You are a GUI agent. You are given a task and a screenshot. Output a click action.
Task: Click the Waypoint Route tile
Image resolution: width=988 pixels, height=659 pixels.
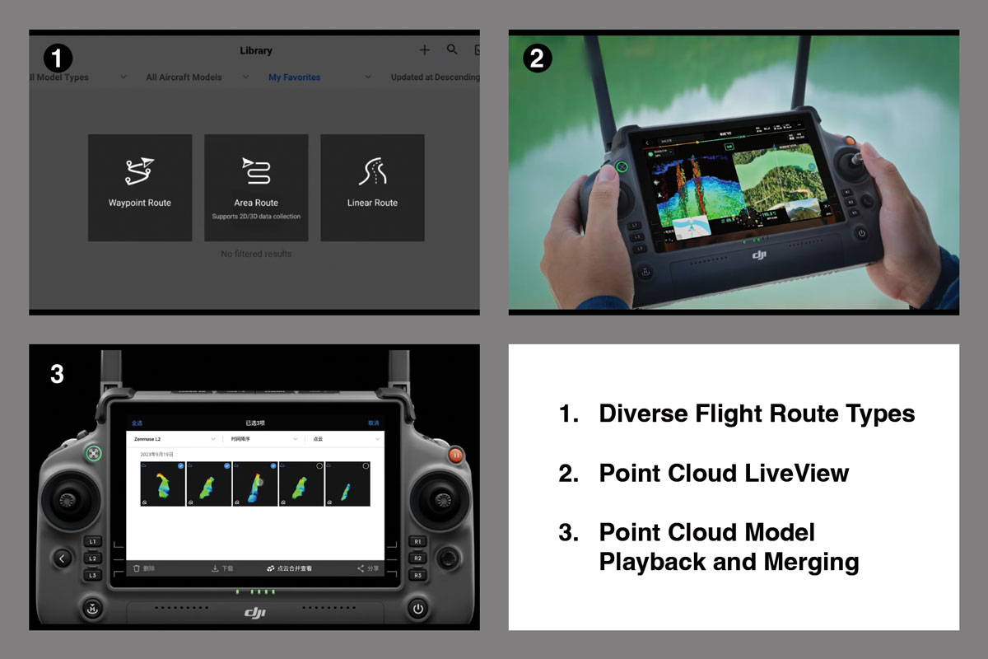pyautogui.click(x=140, y=188)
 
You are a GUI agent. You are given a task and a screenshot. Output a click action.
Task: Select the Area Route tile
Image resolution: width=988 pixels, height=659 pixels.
pyautogui.click(x=256, y=188)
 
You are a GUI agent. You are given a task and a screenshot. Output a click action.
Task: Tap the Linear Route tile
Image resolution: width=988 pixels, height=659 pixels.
pyautogui.click(x=372, y=188)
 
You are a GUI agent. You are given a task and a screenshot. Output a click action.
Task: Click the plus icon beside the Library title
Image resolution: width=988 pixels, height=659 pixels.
pyautogui.click(x=424, y=50)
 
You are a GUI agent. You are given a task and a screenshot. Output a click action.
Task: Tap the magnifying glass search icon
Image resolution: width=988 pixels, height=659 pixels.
pyautogui.click(x=452, y=49)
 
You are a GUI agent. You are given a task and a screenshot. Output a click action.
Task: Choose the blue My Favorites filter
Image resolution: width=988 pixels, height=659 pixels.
pyautogui.click(x=294, y=77)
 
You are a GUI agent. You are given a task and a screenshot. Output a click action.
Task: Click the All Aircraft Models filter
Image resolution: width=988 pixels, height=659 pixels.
pyautogui.click(x=184, y=77)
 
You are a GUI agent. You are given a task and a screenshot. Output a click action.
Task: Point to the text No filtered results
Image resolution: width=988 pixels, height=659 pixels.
pyautogui.click(x=256, y=254)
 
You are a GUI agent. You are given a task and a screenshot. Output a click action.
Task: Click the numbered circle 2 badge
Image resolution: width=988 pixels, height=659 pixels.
pyautogui.click(x=537, y=58)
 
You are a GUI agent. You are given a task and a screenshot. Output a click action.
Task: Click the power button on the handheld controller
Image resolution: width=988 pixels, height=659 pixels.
pyautogui.click(x=861, y=233)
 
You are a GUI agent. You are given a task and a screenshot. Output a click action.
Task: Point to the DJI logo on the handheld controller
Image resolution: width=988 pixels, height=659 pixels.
pyautogui.click(x=759, y=255)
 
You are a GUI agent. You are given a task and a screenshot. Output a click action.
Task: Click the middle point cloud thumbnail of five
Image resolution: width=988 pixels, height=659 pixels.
pyautogui.click(x=254, y=484)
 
